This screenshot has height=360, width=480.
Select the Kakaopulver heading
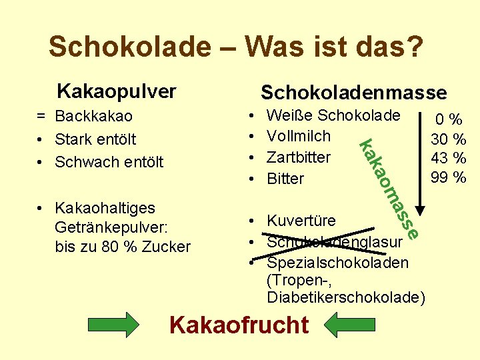tap(117, 90)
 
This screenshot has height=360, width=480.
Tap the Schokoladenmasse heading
tap(353, 92)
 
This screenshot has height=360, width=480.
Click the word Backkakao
tap(94, 117)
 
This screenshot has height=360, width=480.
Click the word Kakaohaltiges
tap(105, 208)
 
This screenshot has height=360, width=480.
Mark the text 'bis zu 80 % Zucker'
tap(123, 247)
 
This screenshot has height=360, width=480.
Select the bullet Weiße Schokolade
tap(333, 115)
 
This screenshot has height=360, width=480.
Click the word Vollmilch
tap(298, 136)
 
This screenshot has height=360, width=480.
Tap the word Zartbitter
tap(298, 157)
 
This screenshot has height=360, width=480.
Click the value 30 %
tap(449, 139)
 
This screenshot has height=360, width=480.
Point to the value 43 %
tap(449, 159)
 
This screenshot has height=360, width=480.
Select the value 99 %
tap(449, 177)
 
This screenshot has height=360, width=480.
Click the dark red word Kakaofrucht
tap(239, 325)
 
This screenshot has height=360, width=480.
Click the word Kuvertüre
tap(301, 221)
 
